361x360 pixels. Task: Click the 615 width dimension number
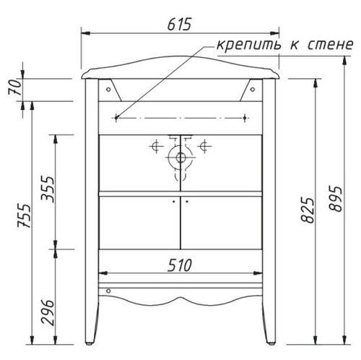point(179,24)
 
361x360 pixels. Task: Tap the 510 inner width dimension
point(180,265)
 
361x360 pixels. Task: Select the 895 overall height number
point(335,199)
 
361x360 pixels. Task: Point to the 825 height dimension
point(308,210)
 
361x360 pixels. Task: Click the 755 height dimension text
point(24,215)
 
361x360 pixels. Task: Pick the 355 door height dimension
point(48,189)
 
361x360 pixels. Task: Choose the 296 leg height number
point(48,312)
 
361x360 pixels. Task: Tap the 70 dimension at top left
point(15,87)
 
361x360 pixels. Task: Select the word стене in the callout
point(331,45)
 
